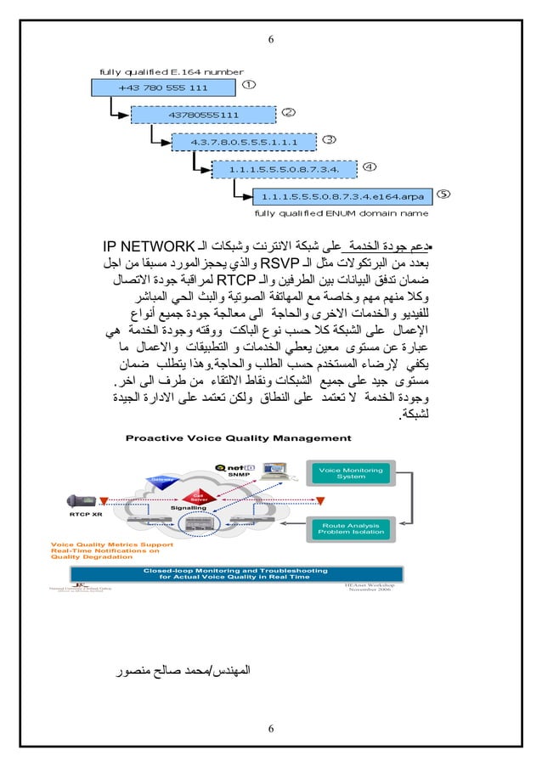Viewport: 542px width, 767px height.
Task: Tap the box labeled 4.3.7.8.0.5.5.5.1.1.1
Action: click(242, 141)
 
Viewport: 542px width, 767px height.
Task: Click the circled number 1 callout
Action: click(248, 85)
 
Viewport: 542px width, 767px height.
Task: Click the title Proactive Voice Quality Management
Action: click(238, 438)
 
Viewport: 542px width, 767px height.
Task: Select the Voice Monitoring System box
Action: click(351, 473)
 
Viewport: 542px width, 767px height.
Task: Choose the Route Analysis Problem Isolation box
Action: click(351, 529)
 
